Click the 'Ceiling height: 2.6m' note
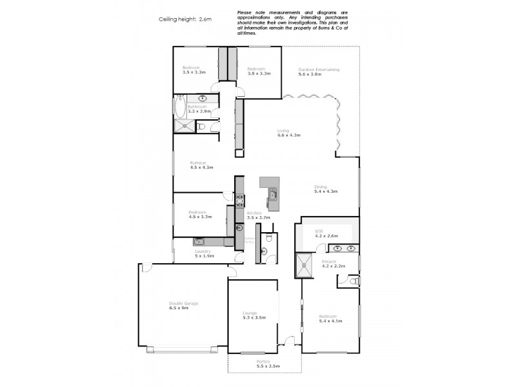click(185, 19)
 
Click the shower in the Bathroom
click(184, 126)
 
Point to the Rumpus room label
click(201, 164)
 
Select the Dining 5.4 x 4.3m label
click(326, 189)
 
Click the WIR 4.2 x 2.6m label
click(326, 233)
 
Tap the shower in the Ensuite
click(303, 263)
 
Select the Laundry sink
click(199, 242)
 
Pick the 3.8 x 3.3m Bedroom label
click(259, 71)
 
